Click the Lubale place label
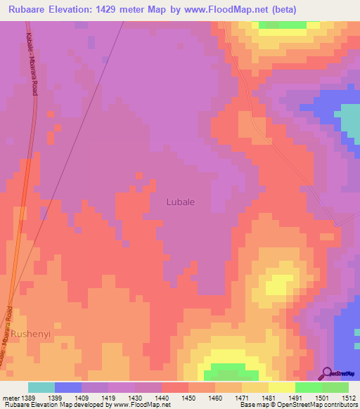click(x=181, y=202)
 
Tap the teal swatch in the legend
click(x=41, y=387)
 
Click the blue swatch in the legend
click(x=68, y=387)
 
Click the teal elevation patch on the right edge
click(x=350, y=119)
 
